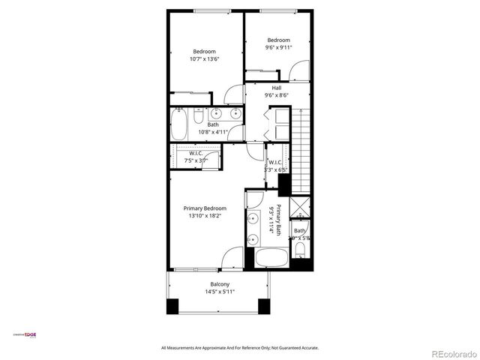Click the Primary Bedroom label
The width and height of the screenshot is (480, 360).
pyautogui.click(x=205, y=208)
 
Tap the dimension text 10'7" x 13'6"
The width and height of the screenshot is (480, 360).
pyautogui.click(x=204, y=58)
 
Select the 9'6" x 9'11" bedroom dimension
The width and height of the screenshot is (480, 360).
pyautogui.click(x=278, y=47)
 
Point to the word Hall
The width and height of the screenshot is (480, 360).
pyautogui.click(x=276, y=88)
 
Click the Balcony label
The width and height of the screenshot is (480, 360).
pyautogui.click(x=220, y=284)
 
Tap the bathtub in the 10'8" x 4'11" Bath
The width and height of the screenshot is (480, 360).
pyautogui.click(x=178, y=124)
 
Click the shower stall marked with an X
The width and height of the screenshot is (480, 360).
pyautogui.click(x=300, y=207)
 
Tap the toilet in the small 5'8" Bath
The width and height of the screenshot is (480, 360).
pyautogui.click(x=300, y=249)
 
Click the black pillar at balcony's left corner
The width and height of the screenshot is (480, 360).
pyautogui.click(x=172, y=306)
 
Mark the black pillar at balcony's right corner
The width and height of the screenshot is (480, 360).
pyautogui.click(x=263, y=306)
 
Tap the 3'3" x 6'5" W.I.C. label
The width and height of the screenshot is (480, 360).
pyautogui.click(x=275, y=166)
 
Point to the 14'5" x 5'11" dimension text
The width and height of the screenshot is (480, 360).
pyautogui.click(x=220, y=292)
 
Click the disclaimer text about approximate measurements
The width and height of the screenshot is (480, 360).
pyautogui.click(x=240, y=348)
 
